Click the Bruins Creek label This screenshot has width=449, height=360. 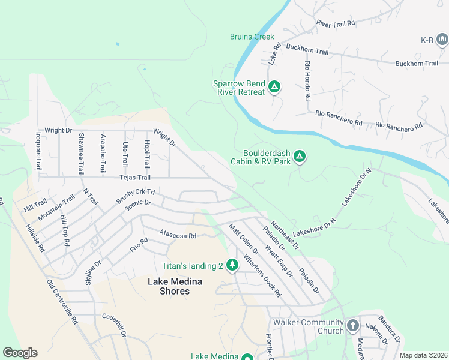(252, 37)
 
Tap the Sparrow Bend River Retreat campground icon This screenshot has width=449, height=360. (274, 88)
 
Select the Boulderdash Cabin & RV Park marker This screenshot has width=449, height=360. (300, 157)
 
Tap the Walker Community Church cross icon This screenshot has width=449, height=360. (352, 326)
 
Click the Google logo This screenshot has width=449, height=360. (20, 353)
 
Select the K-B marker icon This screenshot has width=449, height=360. (442, 40)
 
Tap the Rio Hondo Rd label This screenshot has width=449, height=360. (307, 80)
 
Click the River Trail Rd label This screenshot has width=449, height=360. (336, 23)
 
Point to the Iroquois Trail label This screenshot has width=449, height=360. (38, 151)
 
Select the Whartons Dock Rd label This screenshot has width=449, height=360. (262, 277)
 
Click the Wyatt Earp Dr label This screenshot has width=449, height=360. (280, 259)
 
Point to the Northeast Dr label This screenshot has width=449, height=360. (285, 235)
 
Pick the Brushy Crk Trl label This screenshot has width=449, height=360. (136, 197)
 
